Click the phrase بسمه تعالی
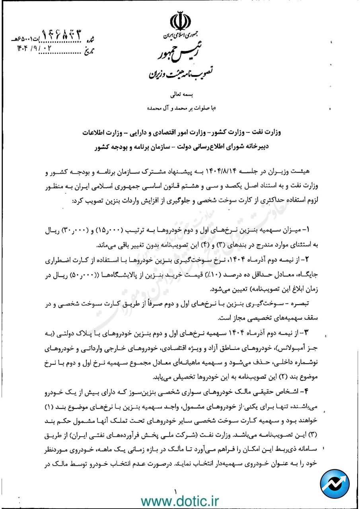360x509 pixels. click(x=181, y=95)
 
